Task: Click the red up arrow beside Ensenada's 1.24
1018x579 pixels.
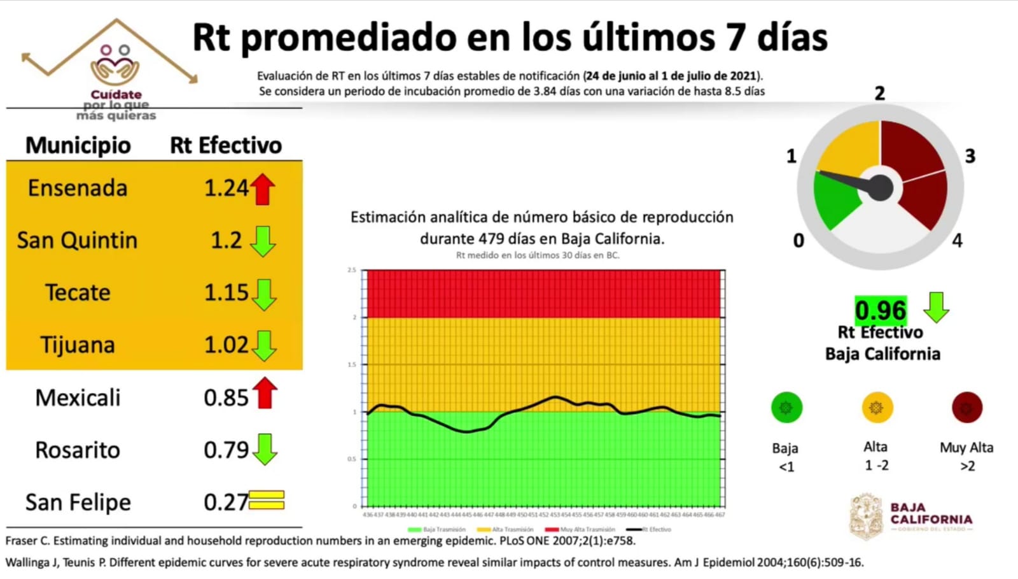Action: (263, 189)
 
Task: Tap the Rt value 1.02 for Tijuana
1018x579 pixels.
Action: (226, 345)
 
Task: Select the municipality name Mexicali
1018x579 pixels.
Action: (78, 398)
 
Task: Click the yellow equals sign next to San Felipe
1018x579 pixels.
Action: (267, 501)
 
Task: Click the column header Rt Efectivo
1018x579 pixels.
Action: (225, 145)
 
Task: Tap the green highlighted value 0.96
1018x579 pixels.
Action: (880, 310)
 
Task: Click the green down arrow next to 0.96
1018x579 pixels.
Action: (936, 308)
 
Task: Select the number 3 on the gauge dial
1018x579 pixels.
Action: (970, 156)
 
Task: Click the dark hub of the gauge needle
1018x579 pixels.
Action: (881, 187)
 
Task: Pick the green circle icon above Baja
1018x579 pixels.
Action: (786, 408)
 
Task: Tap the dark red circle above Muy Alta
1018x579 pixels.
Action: (967, 408)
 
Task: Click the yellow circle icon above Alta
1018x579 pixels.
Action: (877, 408)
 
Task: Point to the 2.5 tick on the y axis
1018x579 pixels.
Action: (352, 270)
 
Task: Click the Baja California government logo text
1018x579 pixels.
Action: (931, 514)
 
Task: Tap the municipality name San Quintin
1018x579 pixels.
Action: (77, 241)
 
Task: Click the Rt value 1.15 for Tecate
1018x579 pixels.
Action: (226, 293)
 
